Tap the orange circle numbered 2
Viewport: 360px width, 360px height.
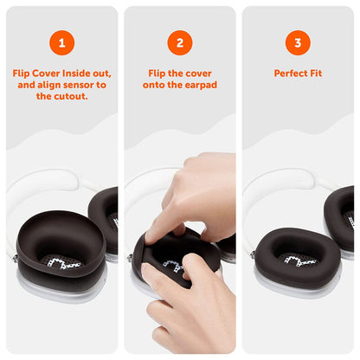179,42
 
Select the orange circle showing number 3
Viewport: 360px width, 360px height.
297,42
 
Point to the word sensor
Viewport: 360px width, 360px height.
82,85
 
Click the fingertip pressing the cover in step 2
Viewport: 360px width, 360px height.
155,235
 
